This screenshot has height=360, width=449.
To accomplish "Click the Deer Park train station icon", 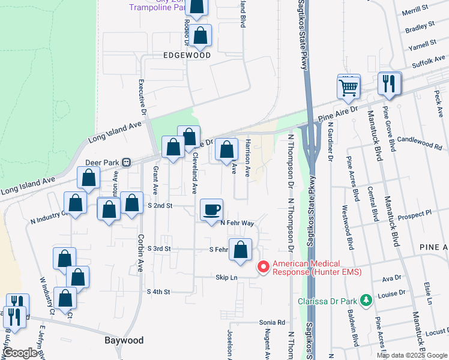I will click(127, 163).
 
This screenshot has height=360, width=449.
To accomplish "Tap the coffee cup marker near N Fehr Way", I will click(211, 209).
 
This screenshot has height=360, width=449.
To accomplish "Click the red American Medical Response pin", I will click(263, 266).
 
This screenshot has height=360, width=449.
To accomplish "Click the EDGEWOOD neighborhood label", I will click(187, 55).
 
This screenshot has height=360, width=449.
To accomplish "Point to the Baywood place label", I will click(124, 340).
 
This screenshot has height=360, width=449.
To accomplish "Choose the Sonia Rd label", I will click(272, 322).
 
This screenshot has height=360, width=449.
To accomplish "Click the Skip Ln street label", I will click(227, 277).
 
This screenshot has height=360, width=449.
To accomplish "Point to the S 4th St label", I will click(159, 292).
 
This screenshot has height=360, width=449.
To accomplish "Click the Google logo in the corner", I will click(20, 352).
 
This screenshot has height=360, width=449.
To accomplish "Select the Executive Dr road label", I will click(143, 97).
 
